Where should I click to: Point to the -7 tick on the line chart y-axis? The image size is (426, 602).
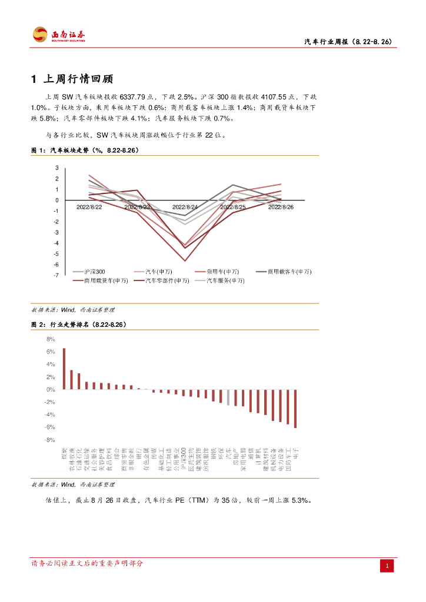pos(56,275)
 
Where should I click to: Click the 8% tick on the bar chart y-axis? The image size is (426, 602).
pos(51,339)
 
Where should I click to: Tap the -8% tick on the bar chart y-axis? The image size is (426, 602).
pos(50,440)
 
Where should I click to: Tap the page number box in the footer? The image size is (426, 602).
pos(387,566)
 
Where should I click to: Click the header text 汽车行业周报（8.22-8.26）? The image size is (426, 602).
pos(348,42)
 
